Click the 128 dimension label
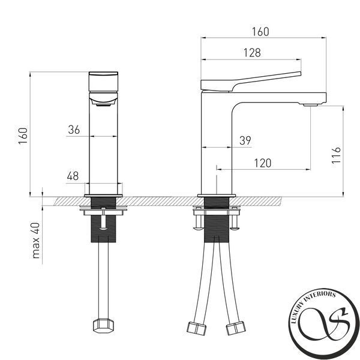point(252,53)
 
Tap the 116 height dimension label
point(336,155)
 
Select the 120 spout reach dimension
point(263,163)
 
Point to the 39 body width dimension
point(245,140)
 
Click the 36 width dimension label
point(74,130)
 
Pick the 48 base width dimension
point(73,176)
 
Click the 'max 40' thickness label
point(36,241)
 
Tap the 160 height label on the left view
point(23,136)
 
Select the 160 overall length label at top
point(260,32)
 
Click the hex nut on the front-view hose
point(103,325)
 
